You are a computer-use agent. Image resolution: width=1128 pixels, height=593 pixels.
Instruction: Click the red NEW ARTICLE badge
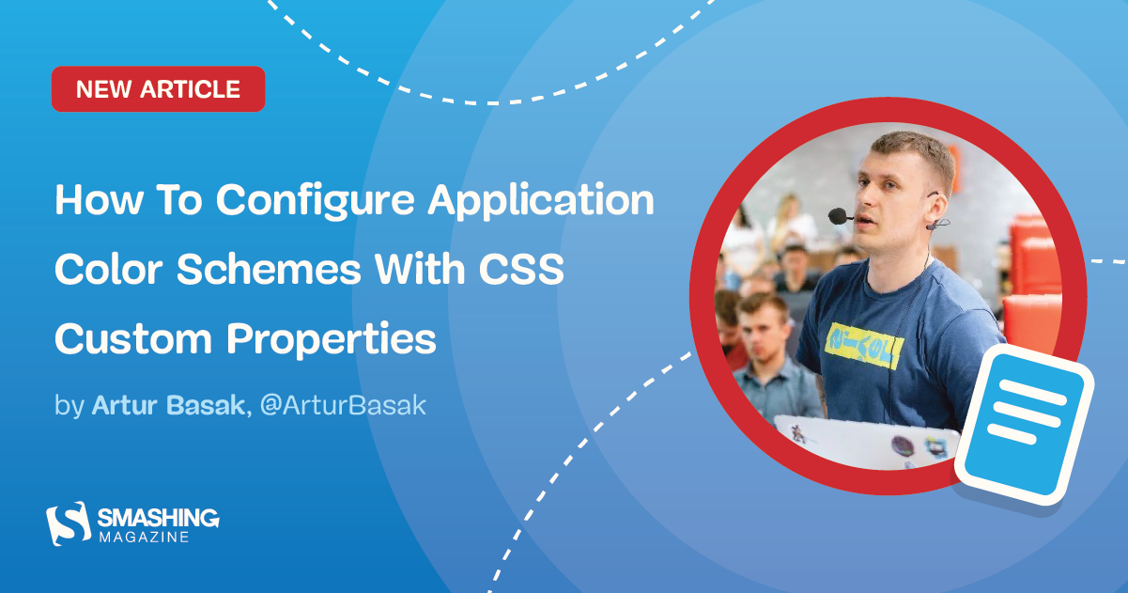[158, 89]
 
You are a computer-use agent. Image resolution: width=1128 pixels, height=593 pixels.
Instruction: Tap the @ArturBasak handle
[342, 406]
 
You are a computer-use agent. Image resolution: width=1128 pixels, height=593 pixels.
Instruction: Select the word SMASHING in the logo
[158, 517]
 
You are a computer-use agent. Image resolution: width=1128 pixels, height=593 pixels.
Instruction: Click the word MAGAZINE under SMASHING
[144, 538]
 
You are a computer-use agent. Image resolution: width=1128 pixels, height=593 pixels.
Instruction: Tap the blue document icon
[1025, 414]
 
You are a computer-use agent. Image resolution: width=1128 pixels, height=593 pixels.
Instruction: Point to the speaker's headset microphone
[837, 216]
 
